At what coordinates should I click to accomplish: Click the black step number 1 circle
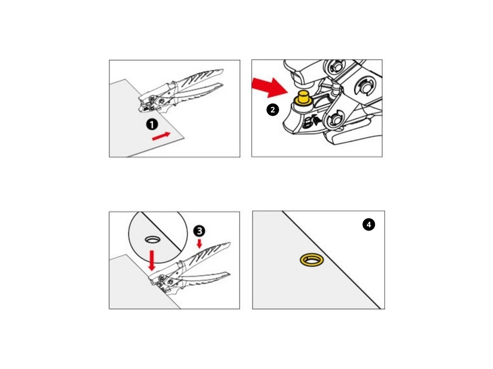(x=152, y=124)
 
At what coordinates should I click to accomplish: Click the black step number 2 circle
(x=272, y=110)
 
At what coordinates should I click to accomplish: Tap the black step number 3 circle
(x=199, y=231)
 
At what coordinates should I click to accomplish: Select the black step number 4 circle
(x=368, y=224)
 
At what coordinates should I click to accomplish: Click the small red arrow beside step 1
(x=161, y=136)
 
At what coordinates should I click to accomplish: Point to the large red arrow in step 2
(x=270, y=87)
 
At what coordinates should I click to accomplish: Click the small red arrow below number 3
(x=199, y=244)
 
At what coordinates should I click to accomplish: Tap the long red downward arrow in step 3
(x=152, y=260)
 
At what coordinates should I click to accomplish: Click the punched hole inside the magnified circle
(x=153, y=239)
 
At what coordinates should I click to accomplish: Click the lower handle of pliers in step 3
(x=204, y=277)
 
